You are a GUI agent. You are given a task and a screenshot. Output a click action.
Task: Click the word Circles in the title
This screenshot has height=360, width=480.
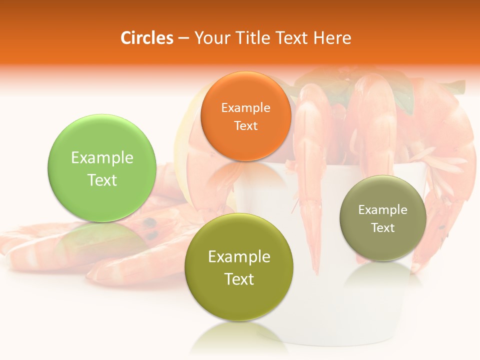(147, 38)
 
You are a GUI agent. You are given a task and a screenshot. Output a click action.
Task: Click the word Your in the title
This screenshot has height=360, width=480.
(210, 38)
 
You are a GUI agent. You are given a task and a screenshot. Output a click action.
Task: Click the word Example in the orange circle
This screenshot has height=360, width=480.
(245, 108)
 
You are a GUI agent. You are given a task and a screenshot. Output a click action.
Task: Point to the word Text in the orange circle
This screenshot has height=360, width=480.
(245, 126)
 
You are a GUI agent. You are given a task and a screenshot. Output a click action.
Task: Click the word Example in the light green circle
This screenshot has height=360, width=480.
(102, 158)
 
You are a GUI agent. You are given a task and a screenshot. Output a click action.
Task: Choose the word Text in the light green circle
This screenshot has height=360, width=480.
(102, 180)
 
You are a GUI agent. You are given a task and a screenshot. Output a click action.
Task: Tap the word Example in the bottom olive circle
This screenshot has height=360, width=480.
(238, 257)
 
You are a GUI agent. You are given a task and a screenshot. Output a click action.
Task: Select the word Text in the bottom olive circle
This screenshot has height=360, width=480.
(238, 279)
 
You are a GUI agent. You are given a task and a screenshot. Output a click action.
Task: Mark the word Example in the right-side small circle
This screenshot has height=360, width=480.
(382, 210)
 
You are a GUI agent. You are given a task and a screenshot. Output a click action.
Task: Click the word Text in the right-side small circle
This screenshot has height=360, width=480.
(382, 228)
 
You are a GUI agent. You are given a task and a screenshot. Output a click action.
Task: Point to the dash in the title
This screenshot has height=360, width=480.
(183, 38)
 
